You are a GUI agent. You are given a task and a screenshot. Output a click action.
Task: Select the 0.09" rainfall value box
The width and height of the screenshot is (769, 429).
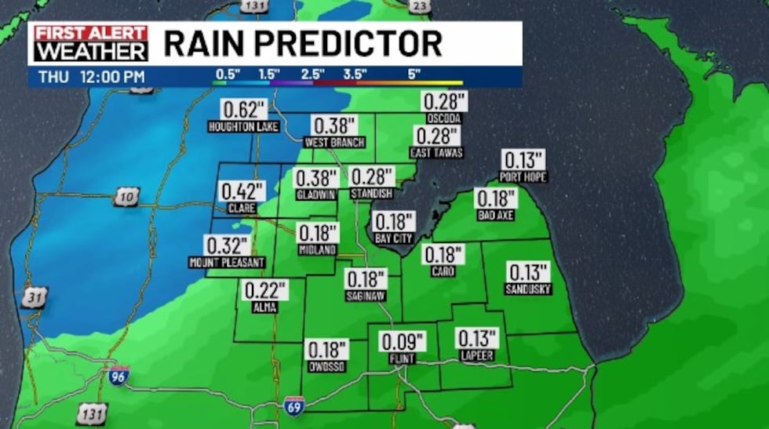[x=402, y=342]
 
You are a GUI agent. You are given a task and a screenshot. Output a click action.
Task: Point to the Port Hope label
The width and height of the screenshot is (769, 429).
[x=523, y=177]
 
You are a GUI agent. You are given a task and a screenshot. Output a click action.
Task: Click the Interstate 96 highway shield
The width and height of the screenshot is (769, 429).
[x=118, y=376]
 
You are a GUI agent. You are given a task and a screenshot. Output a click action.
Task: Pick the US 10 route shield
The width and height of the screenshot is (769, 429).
[x=125, y=197]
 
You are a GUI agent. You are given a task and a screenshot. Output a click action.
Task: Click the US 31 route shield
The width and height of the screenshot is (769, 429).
[x=35, y=297]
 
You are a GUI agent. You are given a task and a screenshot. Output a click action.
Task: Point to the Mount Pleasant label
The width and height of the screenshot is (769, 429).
[x=227, y=262]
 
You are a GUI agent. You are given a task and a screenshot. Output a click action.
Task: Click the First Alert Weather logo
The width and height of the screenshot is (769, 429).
[x=88, y=43]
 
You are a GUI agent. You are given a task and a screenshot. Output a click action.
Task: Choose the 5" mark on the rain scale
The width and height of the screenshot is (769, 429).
[x=414, y=74]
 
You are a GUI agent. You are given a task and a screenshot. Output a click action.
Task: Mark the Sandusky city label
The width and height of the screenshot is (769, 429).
[x=529, y=289]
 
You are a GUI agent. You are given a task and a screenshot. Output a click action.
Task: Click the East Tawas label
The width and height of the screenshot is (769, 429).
[x=437, y=153]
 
